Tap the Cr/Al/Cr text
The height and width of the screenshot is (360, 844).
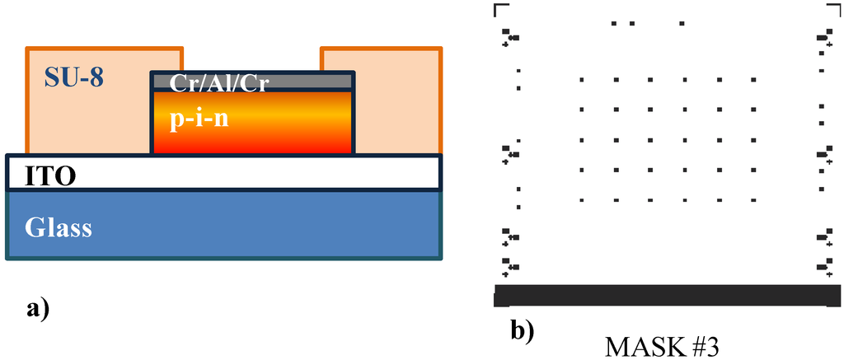[219, 82]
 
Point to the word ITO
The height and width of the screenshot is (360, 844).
[41, 175]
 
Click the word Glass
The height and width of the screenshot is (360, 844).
[58, 226]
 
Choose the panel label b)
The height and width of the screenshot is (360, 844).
[523, 331]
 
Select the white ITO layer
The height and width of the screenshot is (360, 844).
[247, 173]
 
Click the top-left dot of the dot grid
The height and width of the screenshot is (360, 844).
[582, 80]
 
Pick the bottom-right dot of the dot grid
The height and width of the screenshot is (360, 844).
[754, 199]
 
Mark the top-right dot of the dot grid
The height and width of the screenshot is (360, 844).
[754, 80]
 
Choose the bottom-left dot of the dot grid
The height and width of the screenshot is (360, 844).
[582, 199]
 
